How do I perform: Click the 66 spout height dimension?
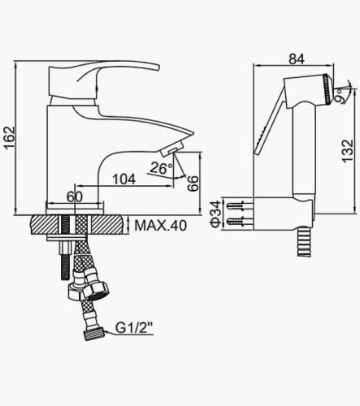[193, 183]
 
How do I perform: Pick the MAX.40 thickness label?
[160, 225]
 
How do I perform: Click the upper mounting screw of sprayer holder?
[238, 203]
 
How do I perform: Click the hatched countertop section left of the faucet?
[41, 223]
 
